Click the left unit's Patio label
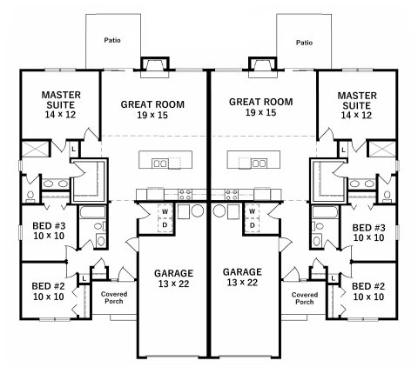112,40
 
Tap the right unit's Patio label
304,43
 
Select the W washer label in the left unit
165,211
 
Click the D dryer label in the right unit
253,225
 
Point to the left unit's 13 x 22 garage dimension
173,284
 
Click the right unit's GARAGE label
242,272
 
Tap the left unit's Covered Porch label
114,297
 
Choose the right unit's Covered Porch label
305,298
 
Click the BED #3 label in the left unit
49,225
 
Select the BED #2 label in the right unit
368,286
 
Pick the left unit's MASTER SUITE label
61,100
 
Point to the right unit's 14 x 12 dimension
356,116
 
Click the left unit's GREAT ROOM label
152,104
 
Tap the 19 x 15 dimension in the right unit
261,112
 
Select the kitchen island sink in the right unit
260,164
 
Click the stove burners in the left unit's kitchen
185,195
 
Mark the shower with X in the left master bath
35,149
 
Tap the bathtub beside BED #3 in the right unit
325,212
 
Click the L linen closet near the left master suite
73,150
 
